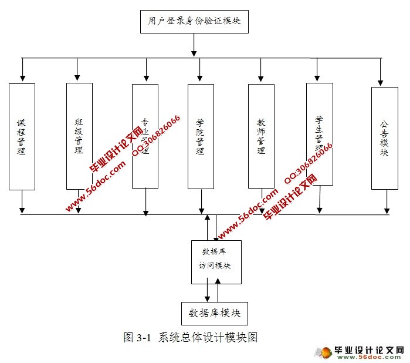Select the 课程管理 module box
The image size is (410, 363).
(x=22, y=136)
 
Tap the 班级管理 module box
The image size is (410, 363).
(x=79, y=136)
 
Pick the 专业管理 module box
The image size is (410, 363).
(x=145, y=136)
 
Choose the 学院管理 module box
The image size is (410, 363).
(x=201, y=136)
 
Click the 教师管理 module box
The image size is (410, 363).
(x=261, y=136)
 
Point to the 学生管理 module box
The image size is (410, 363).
(x=319, y=134)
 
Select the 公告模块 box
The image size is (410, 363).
(x=384, y=138)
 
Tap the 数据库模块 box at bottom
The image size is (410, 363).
(x=215, y=313)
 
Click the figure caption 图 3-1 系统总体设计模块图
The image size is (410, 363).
(x=191, y=337)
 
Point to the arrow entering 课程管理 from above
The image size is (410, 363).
(x=22, y=70)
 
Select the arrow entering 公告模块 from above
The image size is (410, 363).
(x=381, y=72)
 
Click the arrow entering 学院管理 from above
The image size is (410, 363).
(x=200, y=70)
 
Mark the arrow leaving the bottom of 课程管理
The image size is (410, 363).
(x=22, y=201)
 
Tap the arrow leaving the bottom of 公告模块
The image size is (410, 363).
(x=386, y=201)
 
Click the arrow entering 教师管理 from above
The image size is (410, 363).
(x=260, y=70)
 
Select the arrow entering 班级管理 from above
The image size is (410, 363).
(x=77, y=70)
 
